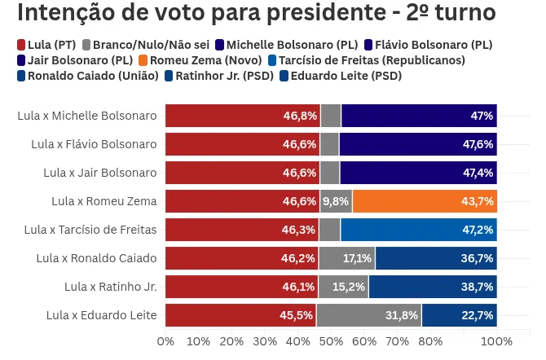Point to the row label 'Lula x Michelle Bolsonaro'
point(86,116)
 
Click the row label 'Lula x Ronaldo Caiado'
point(96,258)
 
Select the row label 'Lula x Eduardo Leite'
point(101,315)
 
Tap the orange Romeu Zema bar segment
point(424,201)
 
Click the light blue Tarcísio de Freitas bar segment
point(418,230)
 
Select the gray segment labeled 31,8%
point(368,315)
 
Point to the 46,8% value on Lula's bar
point(300,116)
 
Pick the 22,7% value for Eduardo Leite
point(478,315)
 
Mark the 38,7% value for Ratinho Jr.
point(478,287)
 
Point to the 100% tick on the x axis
point(496,340)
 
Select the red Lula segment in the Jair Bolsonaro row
point(242,173)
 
